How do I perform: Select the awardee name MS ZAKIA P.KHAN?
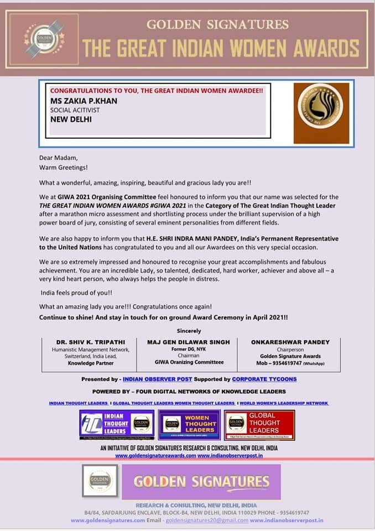(84, 101)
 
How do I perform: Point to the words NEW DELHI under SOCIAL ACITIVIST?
(71, 118)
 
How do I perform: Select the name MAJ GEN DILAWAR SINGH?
(188, 342)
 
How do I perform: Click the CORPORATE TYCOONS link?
(264, 379)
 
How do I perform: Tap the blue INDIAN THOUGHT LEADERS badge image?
(116, 425)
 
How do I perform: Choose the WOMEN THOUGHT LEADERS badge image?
(189, 425)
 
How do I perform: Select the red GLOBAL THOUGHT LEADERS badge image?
(259, 425)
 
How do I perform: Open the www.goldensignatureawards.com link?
(155, 455)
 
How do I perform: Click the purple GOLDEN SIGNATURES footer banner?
(201, 482)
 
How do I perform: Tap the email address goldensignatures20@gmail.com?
(206, 520)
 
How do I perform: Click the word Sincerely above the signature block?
(189, 330)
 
